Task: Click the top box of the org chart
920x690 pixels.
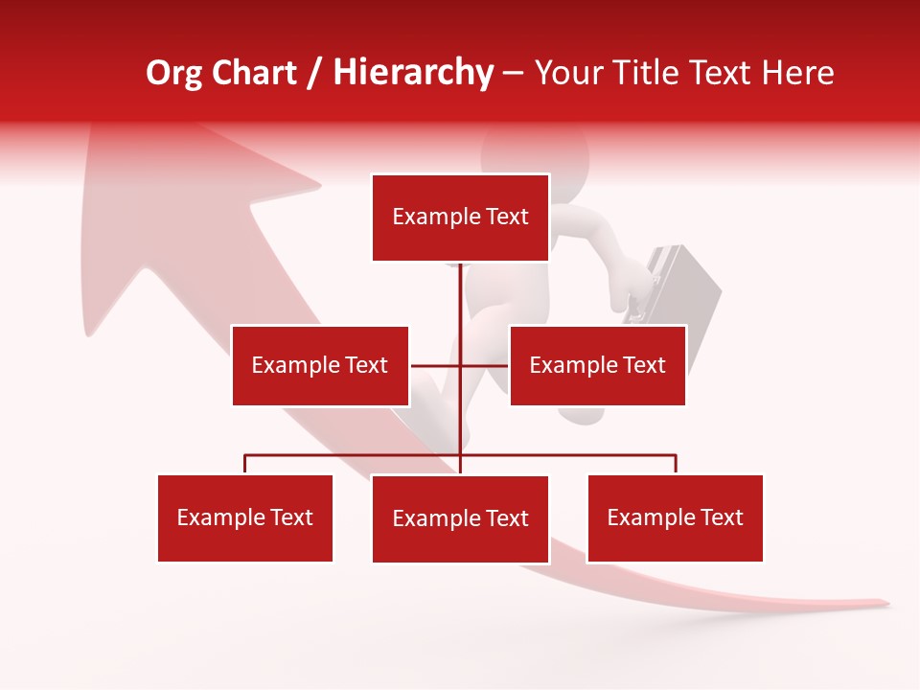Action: pyautogui.click(x=460, y=218)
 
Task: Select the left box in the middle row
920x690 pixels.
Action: pyautogui.click(x=320, y=365)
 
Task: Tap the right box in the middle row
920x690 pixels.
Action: pyautogui.click(x=597, y=365)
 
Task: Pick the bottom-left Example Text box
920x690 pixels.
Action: pyautogui.click(x=245, y=517)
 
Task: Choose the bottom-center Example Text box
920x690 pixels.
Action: pyautogui.click(x=460, y=518)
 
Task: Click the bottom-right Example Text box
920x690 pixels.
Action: pyautogui.click(x=675, y=517)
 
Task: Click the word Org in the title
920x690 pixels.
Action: pyautogui.click(x=173, y=73)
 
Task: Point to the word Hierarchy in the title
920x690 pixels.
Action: pyautogui.click(x=412, y=73)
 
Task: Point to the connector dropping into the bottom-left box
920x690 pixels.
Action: pyautogui.click(x=245, y=465)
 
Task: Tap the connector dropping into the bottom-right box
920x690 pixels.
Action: pyautogui.click(x=675, y=465)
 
